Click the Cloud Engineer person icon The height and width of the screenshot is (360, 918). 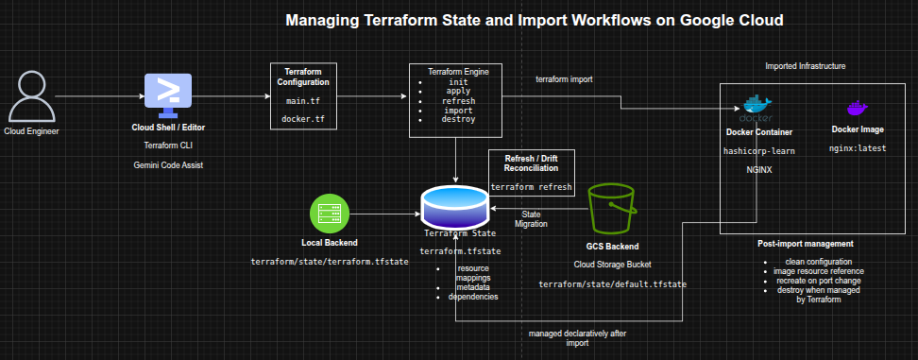pyautogui.click(x=31, y=96)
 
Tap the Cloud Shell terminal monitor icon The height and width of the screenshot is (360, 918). pyautogui.click(x=168, y=95)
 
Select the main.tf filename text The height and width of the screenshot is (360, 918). pyautogui.click(x=302, y=101)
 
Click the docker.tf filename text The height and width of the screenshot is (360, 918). pyautogui.click(x=302, y=119)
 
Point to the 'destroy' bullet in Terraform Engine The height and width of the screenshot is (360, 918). pyautogui.click(x=458, y=119)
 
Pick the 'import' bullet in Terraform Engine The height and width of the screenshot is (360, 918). pyautogui.click(x=458, y=110)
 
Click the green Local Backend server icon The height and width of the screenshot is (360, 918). pyautogui.click(x=330, y=214)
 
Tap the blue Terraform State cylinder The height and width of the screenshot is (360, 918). pyautogui.click(x=455, y=206)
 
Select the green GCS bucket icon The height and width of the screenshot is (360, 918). pyautogui.click(x=612, y=208)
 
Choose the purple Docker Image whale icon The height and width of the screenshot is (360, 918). pyautogui.click(x=858, y=109)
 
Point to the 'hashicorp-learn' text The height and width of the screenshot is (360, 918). pyautogui.click(x=758, y=151)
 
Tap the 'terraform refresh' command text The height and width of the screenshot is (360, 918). pyautogui.click(x=531, y=187)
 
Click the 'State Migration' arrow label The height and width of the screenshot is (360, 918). pyautogui.click(x=531, y=219)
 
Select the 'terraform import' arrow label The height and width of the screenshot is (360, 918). pyautogui.click(x=565, y=79)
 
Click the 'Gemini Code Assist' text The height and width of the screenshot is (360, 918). pyautogui.click(x=168, y=165)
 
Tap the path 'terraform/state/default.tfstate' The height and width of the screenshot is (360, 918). pyautogui.click(x=612, y=284)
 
